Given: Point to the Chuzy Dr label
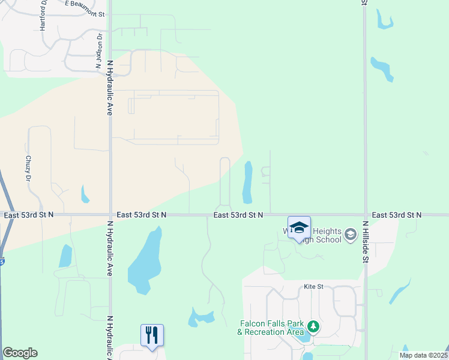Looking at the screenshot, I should pyautogui.click(x=28, y=169).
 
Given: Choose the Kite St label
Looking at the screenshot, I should pyautogui.click(x=313, y=287).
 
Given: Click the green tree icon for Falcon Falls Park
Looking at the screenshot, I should pyautogui.click(x=313, y=327).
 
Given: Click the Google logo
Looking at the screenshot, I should pyautogui.click(x=20, y=353).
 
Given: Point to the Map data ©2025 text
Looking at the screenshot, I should pyautogui.click(x=423, y=355).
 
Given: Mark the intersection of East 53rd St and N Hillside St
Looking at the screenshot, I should pyautogui.click(x=365, y=214).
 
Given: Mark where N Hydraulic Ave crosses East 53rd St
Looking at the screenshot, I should pyautogui.click(x=110, y=214).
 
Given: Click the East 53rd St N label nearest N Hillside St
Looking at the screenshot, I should pyautogui.click(x=396, y=214).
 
